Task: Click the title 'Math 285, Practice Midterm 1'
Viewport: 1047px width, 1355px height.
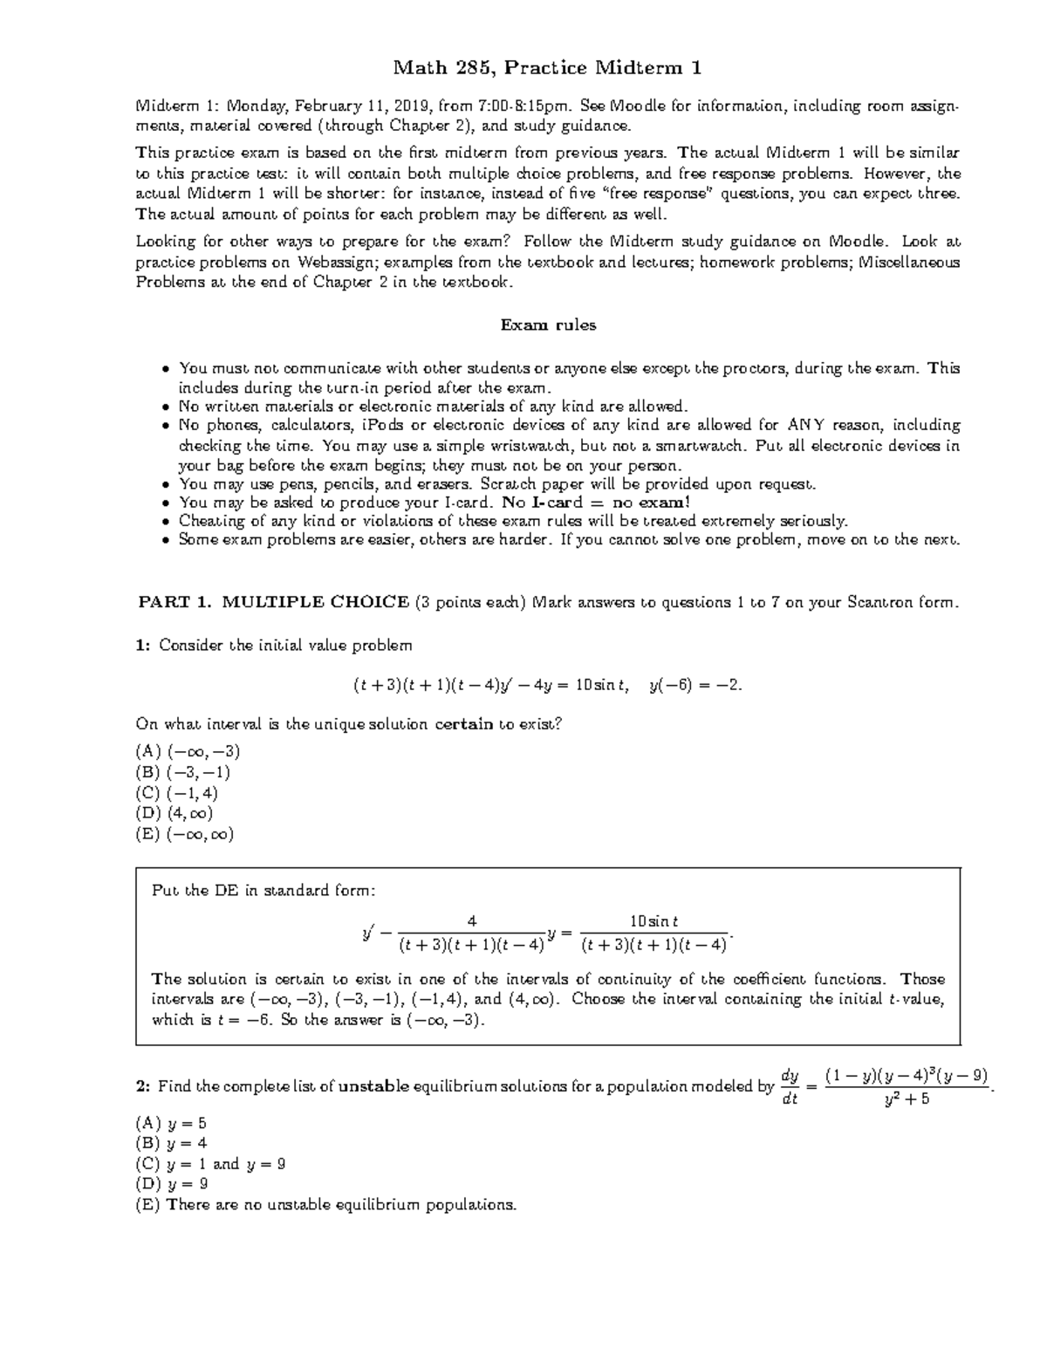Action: (x=547, y=67)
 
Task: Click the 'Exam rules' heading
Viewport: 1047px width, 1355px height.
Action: (x=547, y=325)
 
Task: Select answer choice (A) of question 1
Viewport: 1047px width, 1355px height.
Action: (x=188, y=751)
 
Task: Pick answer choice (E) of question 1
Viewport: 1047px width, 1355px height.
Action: (x=185, y=834)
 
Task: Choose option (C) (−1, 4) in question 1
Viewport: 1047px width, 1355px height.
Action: (x=177, y=793)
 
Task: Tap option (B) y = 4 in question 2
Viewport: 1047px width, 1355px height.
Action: (x=171, y=1143)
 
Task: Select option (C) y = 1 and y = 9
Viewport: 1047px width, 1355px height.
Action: (x=210, y=1164)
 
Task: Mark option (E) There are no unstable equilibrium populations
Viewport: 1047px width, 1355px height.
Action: (x=326, y=1205)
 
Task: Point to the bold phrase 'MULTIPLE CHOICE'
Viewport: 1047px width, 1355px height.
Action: (x=316, y=602)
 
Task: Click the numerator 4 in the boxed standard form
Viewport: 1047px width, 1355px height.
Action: (x=471, y=920)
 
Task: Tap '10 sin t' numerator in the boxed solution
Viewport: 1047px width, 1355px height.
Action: (x=654, y=920)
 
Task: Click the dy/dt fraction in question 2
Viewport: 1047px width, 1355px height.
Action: (x=790, y=1086)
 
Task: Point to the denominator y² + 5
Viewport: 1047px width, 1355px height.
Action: (x=907, y=1099)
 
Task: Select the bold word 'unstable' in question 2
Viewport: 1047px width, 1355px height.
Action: (x=373, y=1087)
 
